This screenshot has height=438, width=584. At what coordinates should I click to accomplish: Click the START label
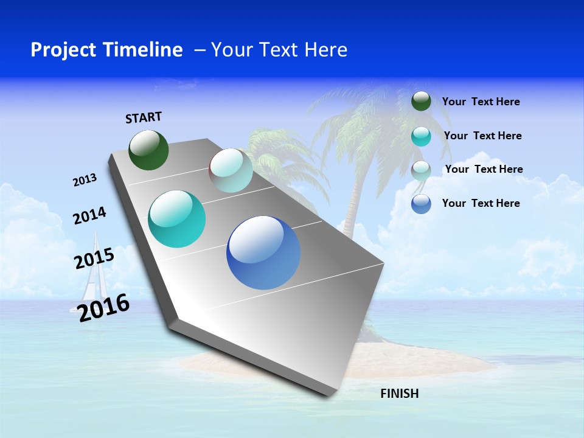(144, 117)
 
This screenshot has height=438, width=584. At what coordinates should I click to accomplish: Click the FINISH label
(400, 394)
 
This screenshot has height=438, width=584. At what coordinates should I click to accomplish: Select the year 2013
(85, 180)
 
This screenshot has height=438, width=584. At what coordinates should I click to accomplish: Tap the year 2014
(89, 215)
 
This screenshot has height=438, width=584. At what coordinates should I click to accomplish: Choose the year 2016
(104, 307)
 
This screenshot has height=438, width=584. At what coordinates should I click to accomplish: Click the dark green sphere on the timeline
(149, 150)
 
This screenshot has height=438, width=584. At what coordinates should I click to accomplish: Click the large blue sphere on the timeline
(263, 252)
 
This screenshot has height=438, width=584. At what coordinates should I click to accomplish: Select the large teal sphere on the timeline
(177, 219)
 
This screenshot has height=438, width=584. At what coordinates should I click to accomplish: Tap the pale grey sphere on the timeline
(231, 170)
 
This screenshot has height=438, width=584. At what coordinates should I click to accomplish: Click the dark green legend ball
(421, 101)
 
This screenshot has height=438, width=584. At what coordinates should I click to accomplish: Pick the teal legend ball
(421, 136)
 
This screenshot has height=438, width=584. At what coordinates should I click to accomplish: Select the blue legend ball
(421, 204)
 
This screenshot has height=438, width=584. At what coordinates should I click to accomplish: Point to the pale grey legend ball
(421, 170)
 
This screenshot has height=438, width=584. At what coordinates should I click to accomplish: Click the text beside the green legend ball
(481, 102)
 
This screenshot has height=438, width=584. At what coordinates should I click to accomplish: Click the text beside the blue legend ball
(481, 203)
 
